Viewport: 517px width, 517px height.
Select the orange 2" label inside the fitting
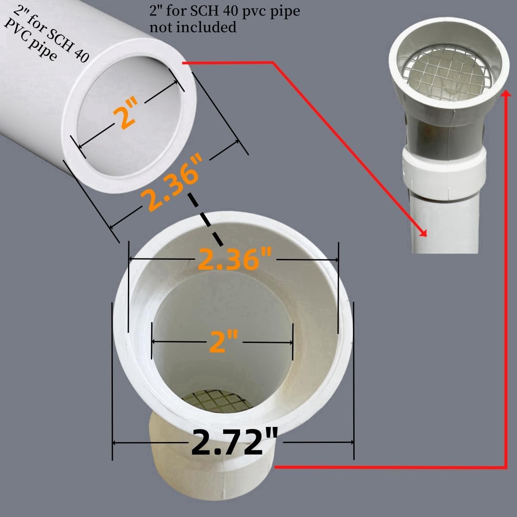pos(224,342)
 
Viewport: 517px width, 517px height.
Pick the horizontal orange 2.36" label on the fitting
pos(234,259)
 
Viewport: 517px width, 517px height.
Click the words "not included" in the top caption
pos(193,27)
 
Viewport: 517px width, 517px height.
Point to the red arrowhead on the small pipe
pos(424,234)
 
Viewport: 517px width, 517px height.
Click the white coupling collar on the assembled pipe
pos(444,174)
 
